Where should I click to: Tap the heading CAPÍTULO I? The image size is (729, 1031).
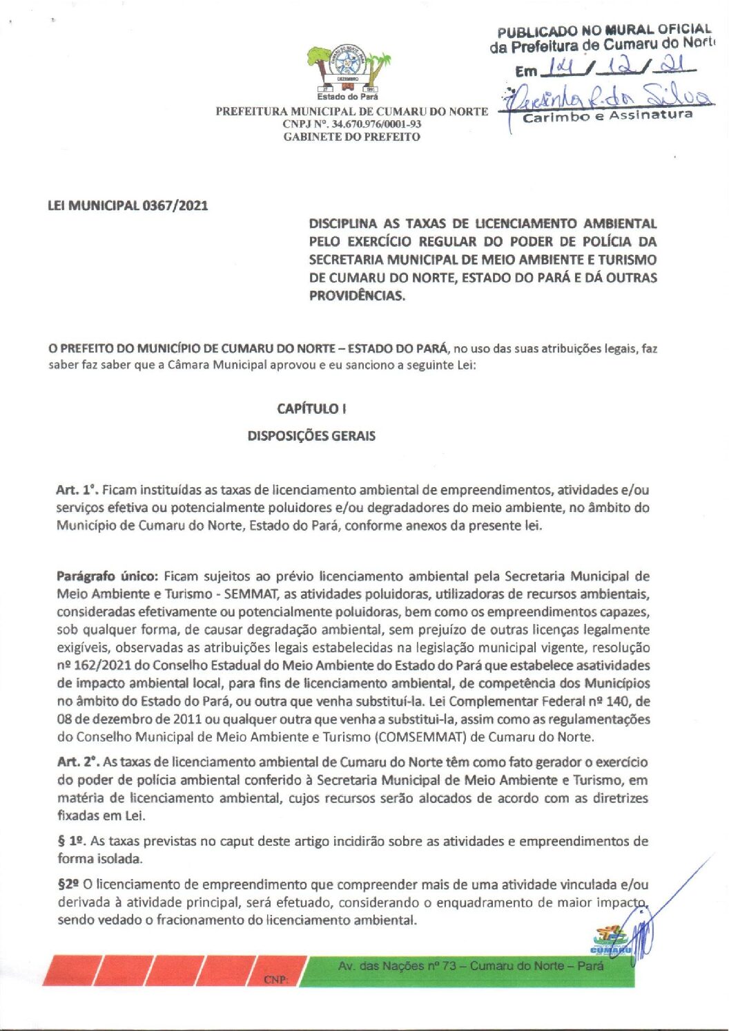(311, 408)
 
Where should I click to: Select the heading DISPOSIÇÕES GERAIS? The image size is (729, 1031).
(311, 436)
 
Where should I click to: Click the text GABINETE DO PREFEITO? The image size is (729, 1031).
(351, 137)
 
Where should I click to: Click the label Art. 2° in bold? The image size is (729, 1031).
(79, 762)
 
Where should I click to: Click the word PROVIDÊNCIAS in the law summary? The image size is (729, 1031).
(357, 296)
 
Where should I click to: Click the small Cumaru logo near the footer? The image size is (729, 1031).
(610, 942)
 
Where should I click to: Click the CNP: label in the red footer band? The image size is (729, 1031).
(277, 980)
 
